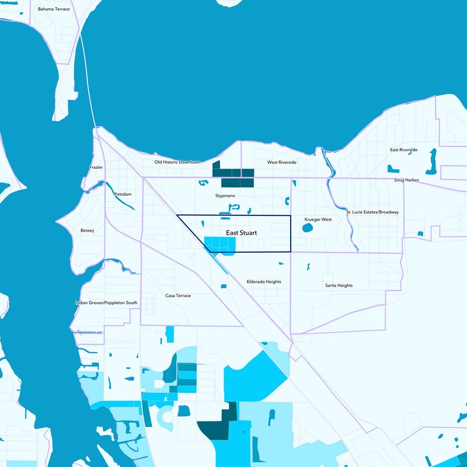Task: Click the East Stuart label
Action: tap(241, 232)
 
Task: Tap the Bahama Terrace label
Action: tap(54, 9)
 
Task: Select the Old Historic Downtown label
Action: tap(177, 162)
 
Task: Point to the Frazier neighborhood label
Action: tap(96, 168)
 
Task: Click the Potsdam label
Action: tap(123, 194)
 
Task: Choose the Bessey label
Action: tap(87, 231)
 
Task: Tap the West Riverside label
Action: tap(282, 162)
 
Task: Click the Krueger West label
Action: tap(318, 219)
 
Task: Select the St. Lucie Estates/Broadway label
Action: tap(372, 212)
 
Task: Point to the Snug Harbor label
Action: tap(406, 180)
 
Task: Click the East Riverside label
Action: tap(404, 150)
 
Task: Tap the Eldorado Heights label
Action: tap(264, 281)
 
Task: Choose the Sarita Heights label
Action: tap(339, 285)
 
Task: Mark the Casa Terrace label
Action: tap(178, 295)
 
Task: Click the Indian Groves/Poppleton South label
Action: tap(106, 303)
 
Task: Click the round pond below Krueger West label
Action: tap(308, 228)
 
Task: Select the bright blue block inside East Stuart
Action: tap(219, 245)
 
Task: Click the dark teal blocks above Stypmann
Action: tap(233, 176)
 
